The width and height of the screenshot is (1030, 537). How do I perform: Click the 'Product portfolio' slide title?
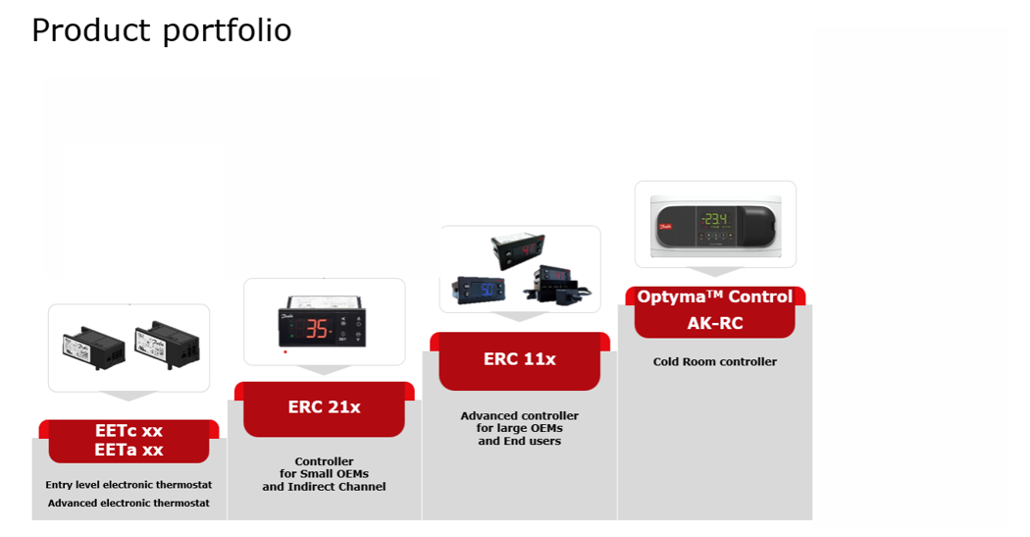[162, 30]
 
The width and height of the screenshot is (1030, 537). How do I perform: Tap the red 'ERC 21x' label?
[324, 407]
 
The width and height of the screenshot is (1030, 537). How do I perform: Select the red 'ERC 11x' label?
[520, 359]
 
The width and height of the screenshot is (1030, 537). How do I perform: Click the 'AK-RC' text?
[715, 323]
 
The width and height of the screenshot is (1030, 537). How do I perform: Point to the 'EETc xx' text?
[129, 431]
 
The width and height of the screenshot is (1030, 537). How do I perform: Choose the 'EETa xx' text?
[129, 450]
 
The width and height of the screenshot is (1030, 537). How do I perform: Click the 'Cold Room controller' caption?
[715, 361]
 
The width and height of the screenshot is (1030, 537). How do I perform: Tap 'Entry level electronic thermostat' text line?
[129, 484]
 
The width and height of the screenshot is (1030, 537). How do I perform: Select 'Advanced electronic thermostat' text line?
[129, 503]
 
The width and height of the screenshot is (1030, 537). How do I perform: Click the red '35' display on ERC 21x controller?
[317, 328]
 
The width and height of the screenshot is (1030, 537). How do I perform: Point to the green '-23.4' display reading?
[714, 219]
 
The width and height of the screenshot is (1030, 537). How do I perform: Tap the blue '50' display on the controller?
[488, 290]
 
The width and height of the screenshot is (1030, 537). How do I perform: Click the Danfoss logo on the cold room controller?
[665, 227]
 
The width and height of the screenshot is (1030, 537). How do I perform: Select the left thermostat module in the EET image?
[94, 348]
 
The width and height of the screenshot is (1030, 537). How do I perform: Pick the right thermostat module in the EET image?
[167, 341]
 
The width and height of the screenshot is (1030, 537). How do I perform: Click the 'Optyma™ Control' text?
[715, 297]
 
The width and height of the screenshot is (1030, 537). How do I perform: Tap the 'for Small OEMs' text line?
[324, 474]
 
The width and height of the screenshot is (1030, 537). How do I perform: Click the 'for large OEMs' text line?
[520, 429]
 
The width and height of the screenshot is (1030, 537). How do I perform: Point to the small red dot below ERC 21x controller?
[285, 351]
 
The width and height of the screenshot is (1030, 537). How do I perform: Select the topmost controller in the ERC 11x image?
[518, 248]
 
